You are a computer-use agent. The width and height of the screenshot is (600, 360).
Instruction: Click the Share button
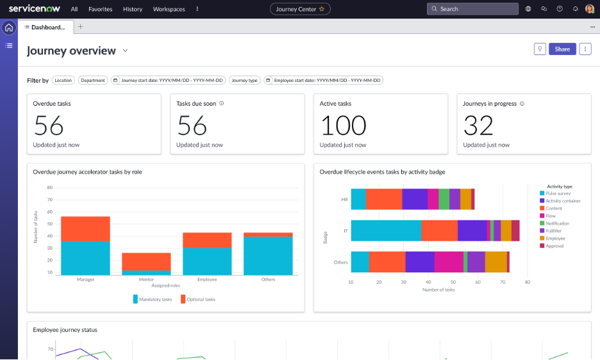562,49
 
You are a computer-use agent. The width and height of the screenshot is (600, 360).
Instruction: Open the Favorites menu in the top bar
100,9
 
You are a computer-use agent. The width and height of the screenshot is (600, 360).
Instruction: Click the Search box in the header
472,9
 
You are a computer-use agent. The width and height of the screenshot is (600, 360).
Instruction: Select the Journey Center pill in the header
300,9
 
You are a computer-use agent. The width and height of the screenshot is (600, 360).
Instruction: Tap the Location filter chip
63,81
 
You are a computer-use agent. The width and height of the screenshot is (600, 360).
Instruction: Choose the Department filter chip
93,81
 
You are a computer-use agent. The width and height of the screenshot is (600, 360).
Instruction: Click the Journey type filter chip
244,81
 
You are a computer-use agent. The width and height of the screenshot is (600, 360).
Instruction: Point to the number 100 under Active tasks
343,126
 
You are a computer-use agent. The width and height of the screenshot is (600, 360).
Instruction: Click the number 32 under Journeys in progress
478,126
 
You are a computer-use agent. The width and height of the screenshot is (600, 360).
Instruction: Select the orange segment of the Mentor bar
147,261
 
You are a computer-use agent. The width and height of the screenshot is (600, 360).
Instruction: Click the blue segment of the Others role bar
268,256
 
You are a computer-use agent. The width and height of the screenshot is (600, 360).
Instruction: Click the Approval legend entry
555,246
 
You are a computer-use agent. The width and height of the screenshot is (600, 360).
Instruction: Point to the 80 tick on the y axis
49,188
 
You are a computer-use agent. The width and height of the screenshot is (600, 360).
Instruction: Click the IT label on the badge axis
345,230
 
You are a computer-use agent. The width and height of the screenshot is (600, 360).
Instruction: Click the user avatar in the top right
589,9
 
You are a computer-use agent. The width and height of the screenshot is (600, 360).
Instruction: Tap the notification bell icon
575,9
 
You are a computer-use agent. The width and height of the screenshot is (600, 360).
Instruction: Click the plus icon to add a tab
80,27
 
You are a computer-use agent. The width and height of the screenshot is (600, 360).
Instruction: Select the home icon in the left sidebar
9,28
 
